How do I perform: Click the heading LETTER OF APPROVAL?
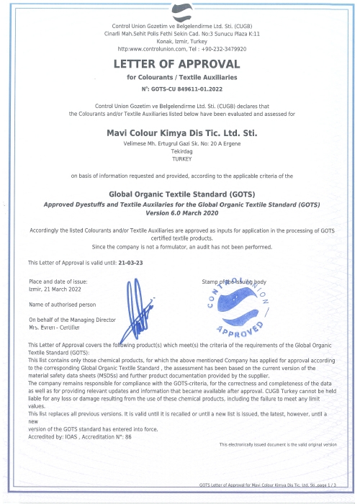tap(180, 65)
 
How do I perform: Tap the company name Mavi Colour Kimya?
tap(180, 132)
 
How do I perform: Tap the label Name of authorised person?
tap(62, 305)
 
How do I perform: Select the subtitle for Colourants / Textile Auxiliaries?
tap(180, 76)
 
